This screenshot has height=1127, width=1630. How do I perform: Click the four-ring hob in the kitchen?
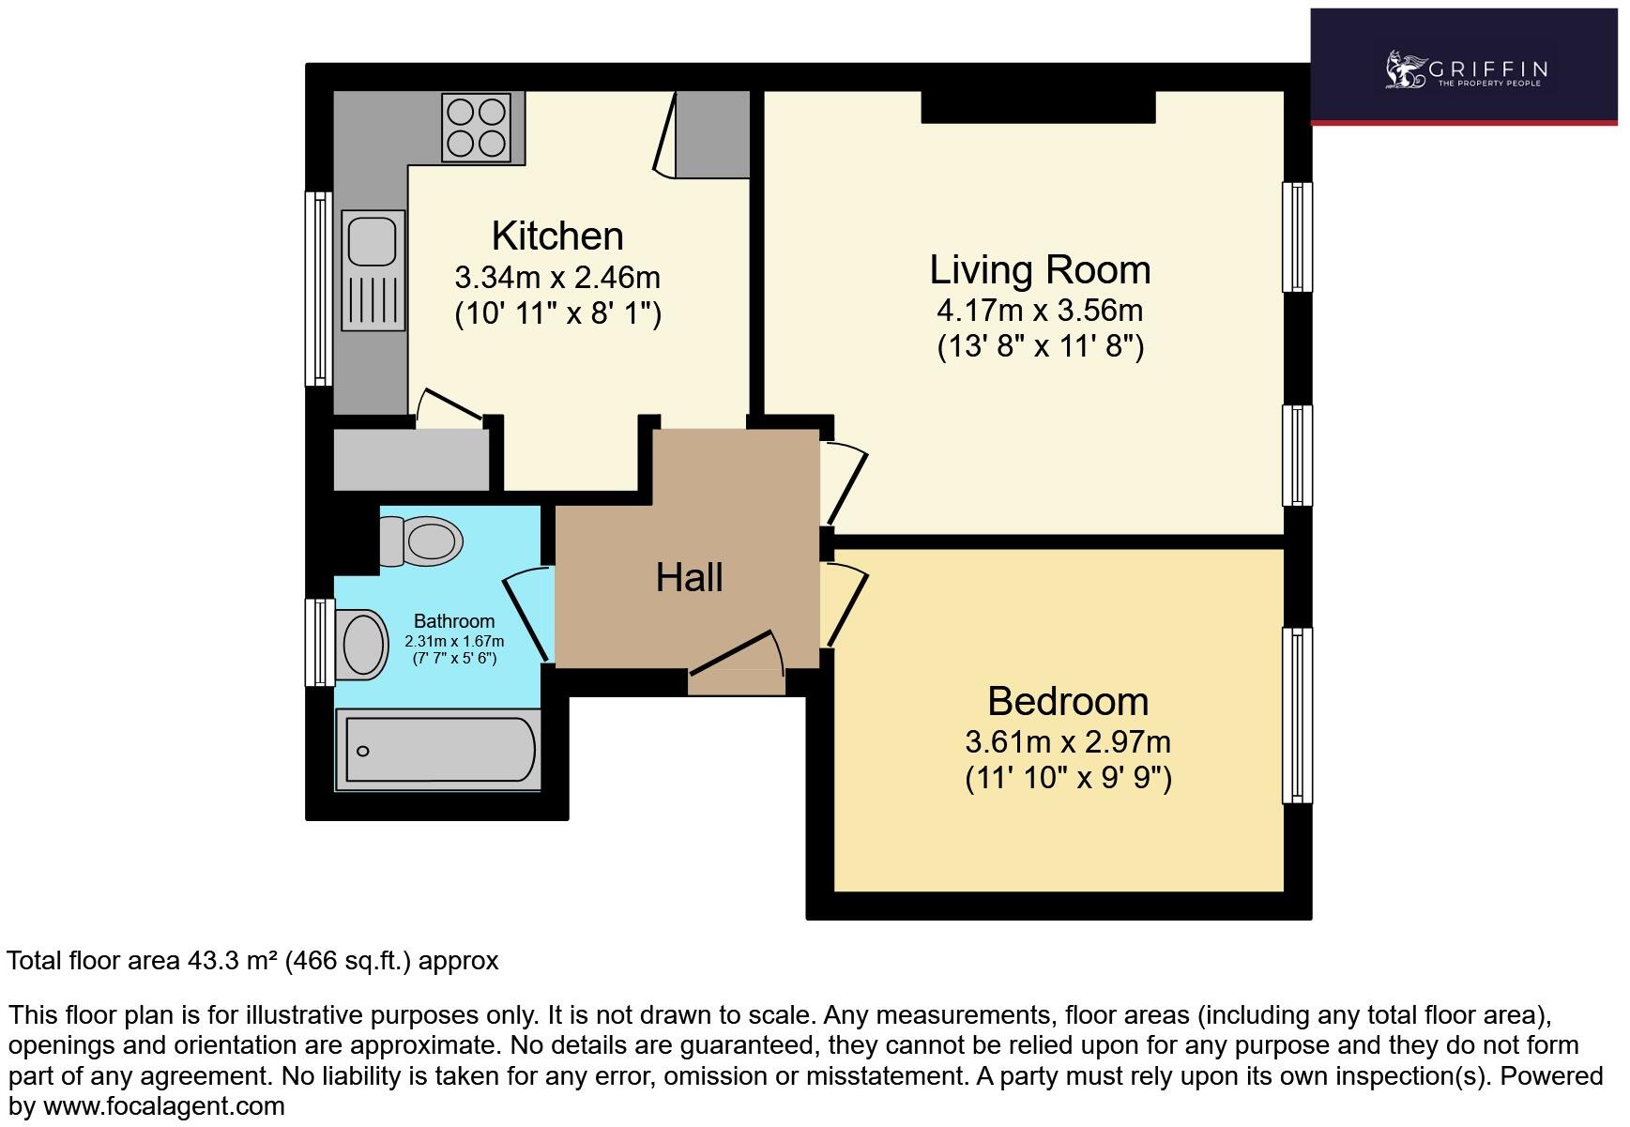point(476,129)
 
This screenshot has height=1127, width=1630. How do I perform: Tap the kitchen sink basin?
point(373,240)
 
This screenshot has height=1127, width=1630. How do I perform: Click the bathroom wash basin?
point(363,645)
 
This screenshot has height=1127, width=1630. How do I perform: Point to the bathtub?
point(438,750)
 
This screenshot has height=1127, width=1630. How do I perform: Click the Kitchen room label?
point(557,236)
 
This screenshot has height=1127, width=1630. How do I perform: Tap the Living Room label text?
point(1040,270)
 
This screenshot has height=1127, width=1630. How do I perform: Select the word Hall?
point(689,577)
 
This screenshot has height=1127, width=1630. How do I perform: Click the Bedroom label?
point(1068,702)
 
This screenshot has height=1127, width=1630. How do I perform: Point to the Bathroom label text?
point(454,621)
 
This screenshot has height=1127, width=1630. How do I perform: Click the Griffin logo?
point(1465,70)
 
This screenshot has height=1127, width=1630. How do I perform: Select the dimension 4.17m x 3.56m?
point(1040,311)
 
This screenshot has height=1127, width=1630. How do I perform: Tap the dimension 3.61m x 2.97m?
point(1068,742)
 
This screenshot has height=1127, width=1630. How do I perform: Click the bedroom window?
point(1297,715)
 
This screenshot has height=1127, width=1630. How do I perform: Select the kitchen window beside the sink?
point(319,288)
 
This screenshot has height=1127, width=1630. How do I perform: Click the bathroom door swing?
point(527,615)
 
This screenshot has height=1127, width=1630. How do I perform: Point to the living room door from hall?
point(845,483)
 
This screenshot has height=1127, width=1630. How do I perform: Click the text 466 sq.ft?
point(348,961)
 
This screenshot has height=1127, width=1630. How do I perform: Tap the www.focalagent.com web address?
point(164,1106)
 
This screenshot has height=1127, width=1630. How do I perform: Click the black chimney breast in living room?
point(1037,107)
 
